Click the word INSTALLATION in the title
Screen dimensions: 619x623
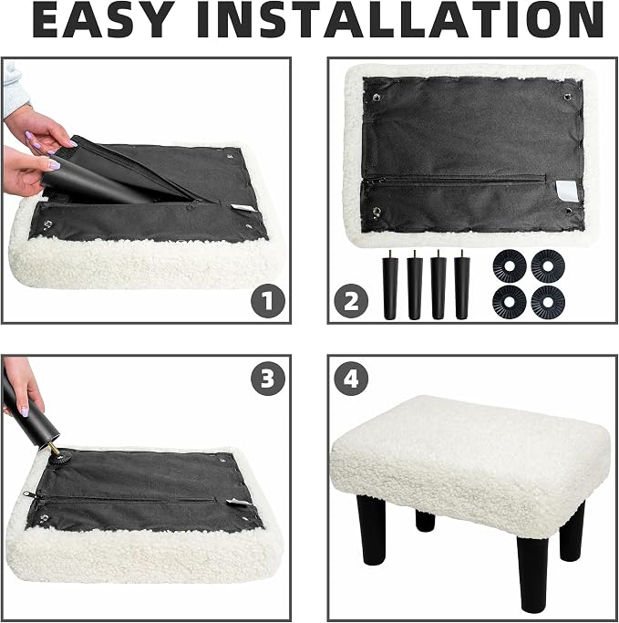[x=400, y=20]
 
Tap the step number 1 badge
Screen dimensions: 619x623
[x=268, y=301]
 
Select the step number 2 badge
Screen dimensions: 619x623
[x=351, y=301]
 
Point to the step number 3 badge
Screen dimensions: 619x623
[x=268, y=379]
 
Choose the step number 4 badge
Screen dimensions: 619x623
[x=351, y=379]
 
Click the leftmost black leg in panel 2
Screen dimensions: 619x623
[x=390, y=285]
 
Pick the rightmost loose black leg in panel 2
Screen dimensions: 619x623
[x=462, y=285]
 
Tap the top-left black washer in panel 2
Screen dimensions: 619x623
[x=510, y=266]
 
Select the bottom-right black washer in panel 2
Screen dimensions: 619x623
[x=548, y=302]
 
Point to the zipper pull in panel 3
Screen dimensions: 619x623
[x=27, y=493]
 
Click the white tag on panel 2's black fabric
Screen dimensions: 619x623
[x=563, y=189]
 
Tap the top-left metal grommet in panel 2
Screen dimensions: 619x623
[x=377, y=98]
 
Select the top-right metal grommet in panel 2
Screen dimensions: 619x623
[x=568, y=97]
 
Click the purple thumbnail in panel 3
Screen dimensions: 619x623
[x=25, y=412]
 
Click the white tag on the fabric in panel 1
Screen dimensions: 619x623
[x=240, y=207]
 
